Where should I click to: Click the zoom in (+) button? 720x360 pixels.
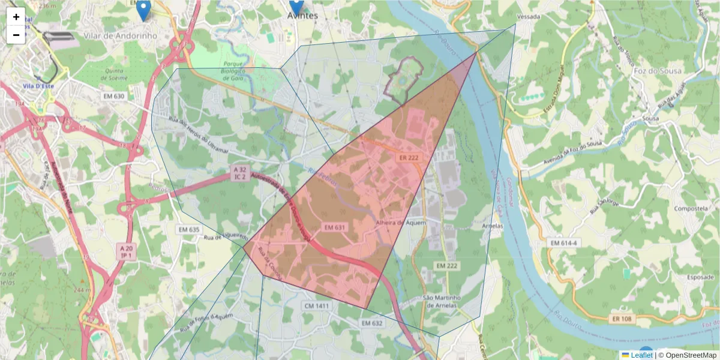[x=16, y=17]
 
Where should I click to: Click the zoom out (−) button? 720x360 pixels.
[x=16, y=35]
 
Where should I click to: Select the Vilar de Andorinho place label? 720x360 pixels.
[x=121, y=35]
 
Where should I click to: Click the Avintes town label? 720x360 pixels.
[x=302, y=16]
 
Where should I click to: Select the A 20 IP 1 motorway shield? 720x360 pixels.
[x=125, y=251]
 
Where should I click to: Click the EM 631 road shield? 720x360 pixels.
[x=335, y=227]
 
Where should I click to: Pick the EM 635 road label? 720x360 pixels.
[x=189, y=230]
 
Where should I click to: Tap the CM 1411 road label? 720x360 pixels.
[x=317, y=306]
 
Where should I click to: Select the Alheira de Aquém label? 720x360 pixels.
[x=400, y=222]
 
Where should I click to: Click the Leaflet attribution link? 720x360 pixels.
[x=640, y=355]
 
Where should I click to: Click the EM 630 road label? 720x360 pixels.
[x=114, y=96]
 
